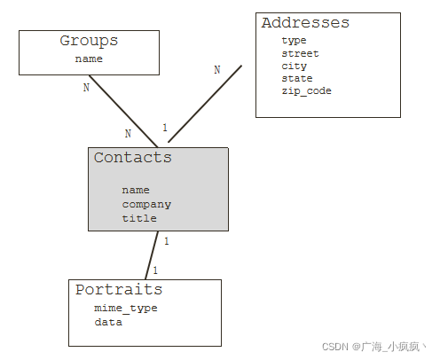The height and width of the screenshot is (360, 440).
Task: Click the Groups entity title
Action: coord(89,41)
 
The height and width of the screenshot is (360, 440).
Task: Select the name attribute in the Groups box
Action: coord(89,59)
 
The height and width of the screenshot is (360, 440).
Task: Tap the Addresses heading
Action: coord(305,23)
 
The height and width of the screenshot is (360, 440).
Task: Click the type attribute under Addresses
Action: coord(294,41)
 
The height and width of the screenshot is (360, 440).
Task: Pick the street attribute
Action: coord(300,53)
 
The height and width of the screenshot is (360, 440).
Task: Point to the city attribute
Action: coord(294,66)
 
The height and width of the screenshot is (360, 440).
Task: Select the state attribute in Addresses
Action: coord(297,78)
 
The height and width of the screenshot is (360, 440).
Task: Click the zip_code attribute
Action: coord(306,90)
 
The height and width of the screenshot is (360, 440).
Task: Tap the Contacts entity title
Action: coord(133,157)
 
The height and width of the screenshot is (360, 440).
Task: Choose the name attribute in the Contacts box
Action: coord(136,190)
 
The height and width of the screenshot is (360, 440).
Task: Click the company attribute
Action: coord(146,205)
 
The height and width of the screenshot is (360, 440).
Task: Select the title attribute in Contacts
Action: coord(139,218)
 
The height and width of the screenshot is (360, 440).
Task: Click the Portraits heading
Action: coord(119,289)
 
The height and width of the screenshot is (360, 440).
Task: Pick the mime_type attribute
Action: coord(126,309)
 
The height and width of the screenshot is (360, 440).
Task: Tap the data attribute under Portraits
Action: coord(108,322)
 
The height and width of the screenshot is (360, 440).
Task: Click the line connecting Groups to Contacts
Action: coord(123,111)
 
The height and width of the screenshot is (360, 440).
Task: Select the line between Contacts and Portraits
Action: coord(152,255)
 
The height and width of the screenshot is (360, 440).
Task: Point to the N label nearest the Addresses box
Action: coord(217,70)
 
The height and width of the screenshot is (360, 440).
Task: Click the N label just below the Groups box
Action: coord(86,88)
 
